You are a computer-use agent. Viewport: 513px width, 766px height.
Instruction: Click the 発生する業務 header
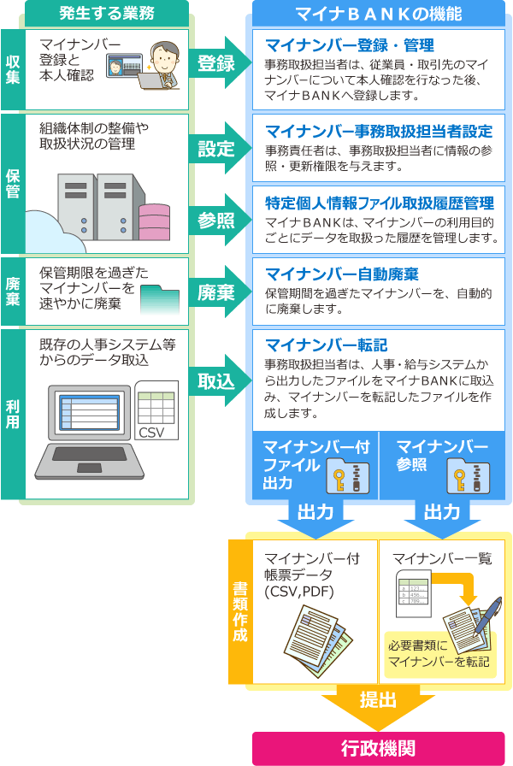106,13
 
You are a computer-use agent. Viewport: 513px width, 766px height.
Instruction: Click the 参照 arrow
218,221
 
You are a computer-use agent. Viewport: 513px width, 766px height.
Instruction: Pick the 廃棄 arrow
218,292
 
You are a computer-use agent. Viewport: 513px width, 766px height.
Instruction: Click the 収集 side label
12,69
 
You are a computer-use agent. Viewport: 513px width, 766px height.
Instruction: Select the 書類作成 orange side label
240,611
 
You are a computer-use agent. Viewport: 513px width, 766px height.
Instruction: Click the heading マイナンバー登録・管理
350,45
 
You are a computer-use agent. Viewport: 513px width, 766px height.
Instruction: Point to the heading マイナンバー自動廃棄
341,274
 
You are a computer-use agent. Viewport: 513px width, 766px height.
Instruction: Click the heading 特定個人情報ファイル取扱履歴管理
379,203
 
